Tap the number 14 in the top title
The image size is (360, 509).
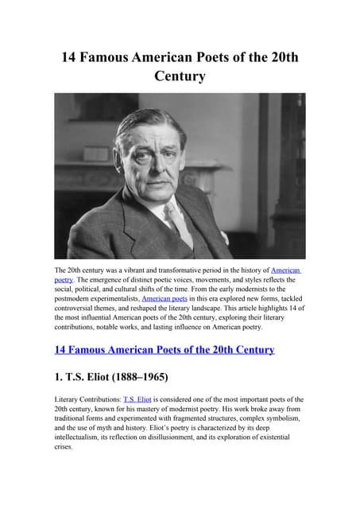[x=72, y=58]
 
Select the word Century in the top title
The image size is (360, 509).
[x=180, y=77]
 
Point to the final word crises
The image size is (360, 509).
[x=66, y=446]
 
